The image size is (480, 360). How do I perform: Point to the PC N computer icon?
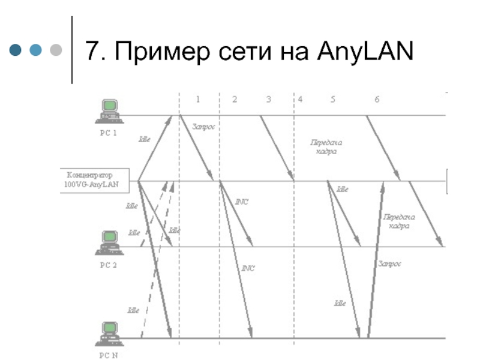(109, 334)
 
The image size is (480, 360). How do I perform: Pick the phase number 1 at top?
(198, 99)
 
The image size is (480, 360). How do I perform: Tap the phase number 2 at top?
(235, 99)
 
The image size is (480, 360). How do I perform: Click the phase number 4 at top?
(300, 99)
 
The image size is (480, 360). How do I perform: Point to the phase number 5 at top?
(332, 99)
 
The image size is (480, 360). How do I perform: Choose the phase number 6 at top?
(377, 99)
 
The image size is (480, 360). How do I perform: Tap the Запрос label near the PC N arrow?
(389, 263)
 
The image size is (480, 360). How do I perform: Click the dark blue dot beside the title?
(16, 50)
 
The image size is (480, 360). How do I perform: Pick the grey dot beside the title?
(56, 50)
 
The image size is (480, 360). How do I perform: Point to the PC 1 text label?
(109, 134)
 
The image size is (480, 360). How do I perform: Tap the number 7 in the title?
(92, 50)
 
